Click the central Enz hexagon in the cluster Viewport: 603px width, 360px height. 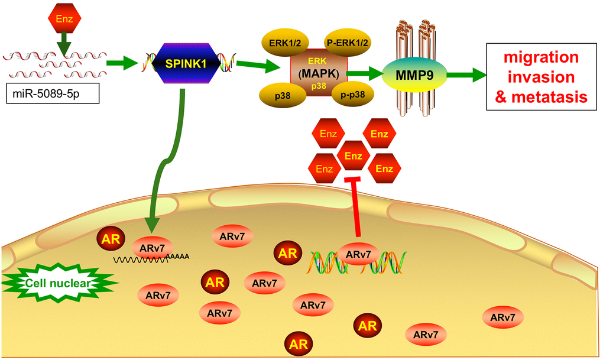pyautogui.click(x=354, y=157)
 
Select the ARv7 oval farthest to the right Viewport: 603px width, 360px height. pyautogui.click(x=502, y=317)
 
